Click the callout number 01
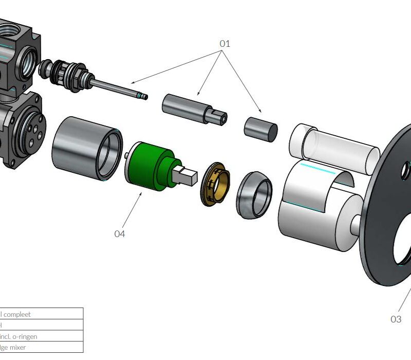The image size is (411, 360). pos(225,44)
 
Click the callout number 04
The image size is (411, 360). pos(119,233)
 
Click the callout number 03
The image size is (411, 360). pos(396,319)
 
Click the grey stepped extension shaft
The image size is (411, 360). pos(193,107)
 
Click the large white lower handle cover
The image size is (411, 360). pos(313,211)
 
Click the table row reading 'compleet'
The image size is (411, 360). pos(41,314)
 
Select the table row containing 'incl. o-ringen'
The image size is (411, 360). pos(41,336)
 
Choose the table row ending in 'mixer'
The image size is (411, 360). pos(41,347)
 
